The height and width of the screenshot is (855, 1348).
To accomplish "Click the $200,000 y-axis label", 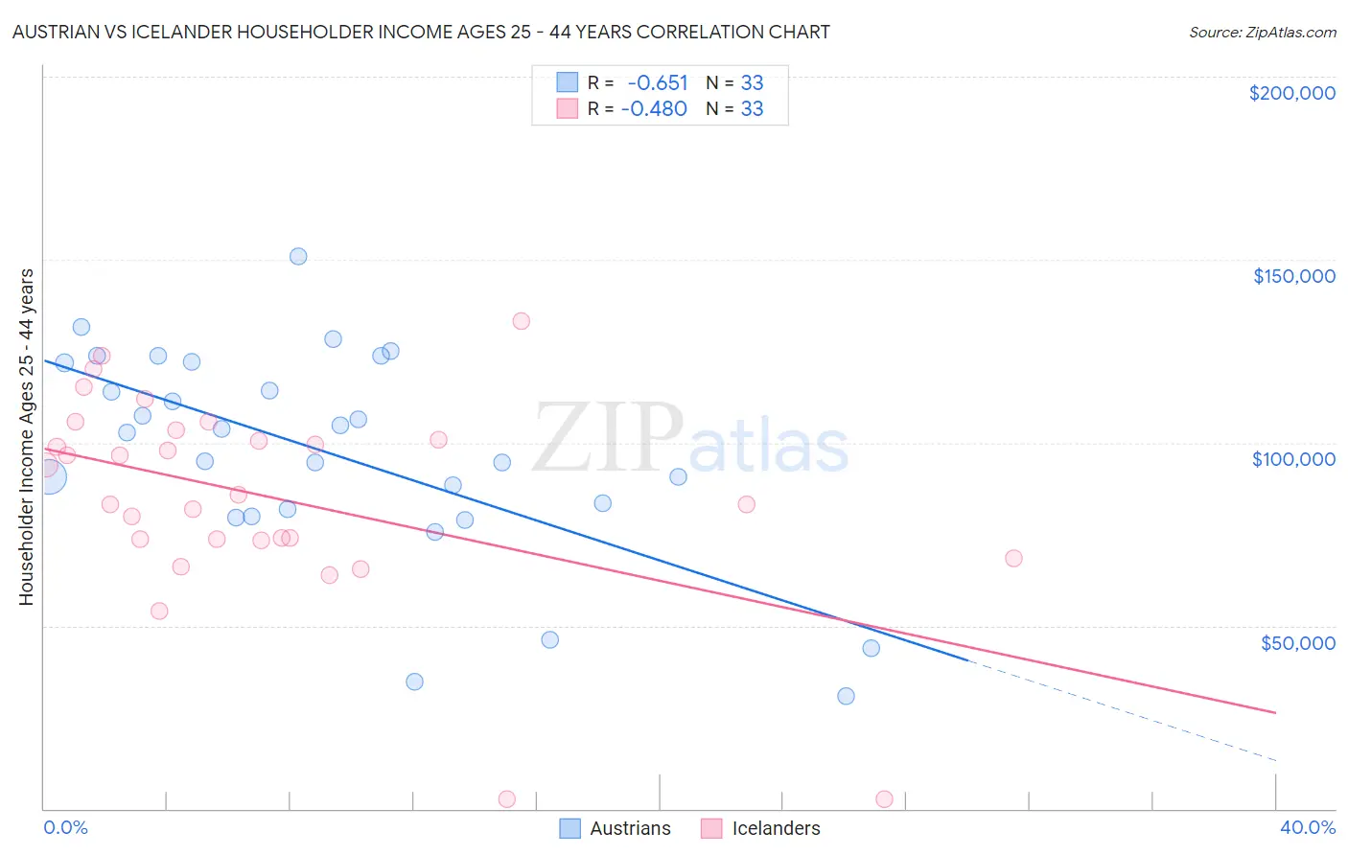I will pyautogui.click(x=1291, y=93).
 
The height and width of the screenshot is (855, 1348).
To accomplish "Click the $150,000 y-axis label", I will pyautogui.click(x=1293, y=276).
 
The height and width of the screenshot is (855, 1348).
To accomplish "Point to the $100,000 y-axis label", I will pyautogui.click(x=1293, y=459).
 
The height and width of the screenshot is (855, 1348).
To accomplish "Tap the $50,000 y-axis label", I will pyautogui.click(x=1297, y=643).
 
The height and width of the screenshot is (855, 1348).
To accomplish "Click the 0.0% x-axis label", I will pyautogui.click(x=65, y=827).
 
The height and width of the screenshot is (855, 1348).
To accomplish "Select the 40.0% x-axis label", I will pyautogui.click(x=1307, y=827).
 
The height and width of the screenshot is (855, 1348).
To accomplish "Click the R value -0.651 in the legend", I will pyautogui.click(x=658, y=83).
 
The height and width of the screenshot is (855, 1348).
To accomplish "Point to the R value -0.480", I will pyautogui.click(x=654, y=109).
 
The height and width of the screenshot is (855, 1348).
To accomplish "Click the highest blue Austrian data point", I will pyautogui.click(x=298, y=256).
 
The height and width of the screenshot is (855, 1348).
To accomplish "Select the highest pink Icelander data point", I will pyautogui.click(x=521, y=321).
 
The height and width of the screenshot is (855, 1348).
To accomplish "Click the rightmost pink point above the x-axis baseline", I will pyautogui.click(x=1013, y=558).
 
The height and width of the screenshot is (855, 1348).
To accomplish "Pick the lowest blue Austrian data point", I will pyautogui.click(x=846, y=696).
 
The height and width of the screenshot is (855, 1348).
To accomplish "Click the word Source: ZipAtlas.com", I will pyautogui.click(x=1262, y=33).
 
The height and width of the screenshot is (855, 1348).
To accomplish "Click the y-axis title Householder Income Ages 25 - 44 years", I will pyautogui.click(x=26, y=436).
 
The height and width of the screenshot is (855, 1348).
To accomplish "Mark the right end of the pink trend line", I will pyautogui.click(x=1275, y=712).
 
